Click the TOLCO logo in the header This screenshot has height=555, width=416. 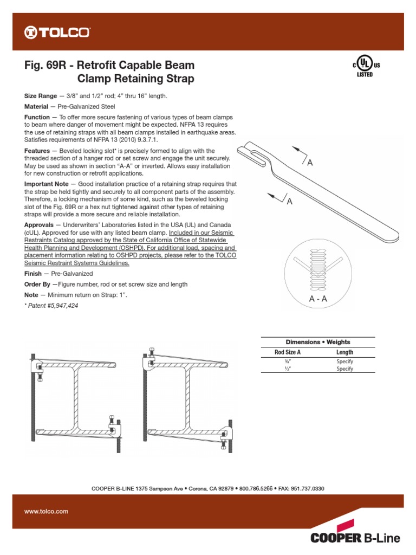(x=57, y=33)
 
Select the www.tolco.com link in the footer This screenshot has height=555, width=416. (x=46, y=511)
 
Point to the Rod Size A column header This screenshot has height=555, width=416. (x=288, y=352)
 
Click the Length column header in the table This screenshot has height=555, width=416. (x=344, y=352)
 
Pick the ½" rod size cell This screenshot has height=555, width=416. (x=288, y=369)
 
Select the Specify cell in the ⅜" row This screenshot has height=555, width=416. (x=344, y=361)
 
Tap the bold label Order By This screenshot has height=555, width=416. (x=37, y=284)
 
